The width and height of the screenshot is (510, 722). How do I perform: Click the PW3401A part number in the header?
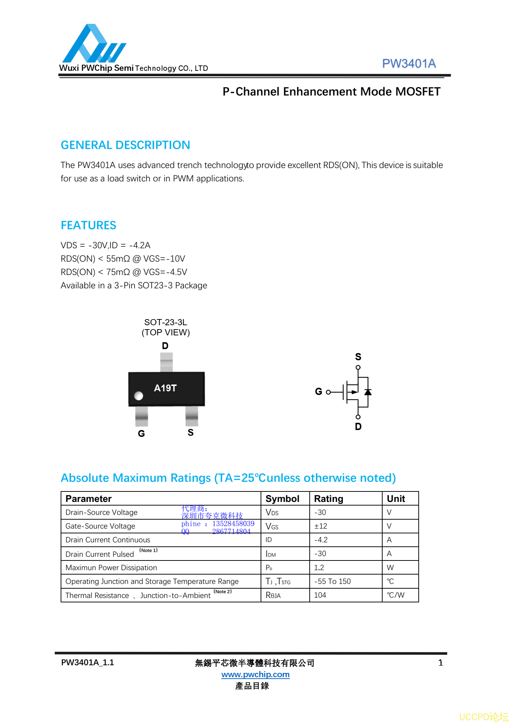click(x=409, y=64)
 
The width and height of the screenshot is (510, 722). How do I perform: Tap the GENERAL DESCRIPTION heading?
click(x=125, y=145)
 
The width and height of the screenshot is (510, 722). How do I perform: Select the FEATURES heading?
click(x=88, y=225)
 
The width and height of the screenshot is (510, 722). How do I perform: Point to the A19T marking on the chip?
click(x=165, y=388)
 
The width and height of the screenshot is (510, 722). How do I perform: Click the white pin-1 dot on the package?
click(x=139, y=396)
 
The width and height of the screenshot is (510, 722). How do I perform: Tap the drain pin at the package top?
click(x=166, y=362)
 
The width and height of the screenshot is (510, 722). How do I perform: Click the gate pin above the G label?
click(x=141, y=416)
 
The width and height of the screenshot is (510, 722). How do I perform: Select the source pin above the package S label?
click(x=192, y=416)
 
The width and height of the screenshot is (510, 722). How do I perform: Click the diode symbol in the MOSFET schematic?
click(x=368, y=392)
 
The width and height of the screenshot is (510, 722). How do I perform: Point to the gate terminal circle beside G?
click(x=328, y=392)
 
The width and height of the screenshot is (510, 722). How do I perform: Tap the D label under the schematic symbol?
click(x=358, y=427)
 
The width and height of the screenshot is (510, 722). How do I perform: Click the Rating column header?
click(x=328, y=499)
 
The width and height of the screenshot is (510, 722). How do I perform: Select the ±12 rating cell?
click(x=321, y=526)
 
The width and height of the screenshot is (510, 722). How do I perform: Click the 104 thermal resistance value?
click(x=320, y=595)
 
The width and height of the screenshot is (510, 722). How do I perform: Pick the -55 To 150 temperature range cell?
click(x=332, y=581)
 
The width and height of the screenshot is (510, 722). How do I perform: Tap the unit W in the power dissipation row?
click(x=390, y=568)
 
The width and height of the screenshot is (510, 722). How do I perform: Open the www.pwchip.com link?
click(x=255, y=674)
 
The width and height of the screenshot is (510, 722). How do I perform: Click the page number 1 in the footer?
click(x=440, y=663)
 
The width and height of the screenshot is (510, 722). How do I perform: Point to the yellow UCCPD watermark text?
click(x=483, y=717)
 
